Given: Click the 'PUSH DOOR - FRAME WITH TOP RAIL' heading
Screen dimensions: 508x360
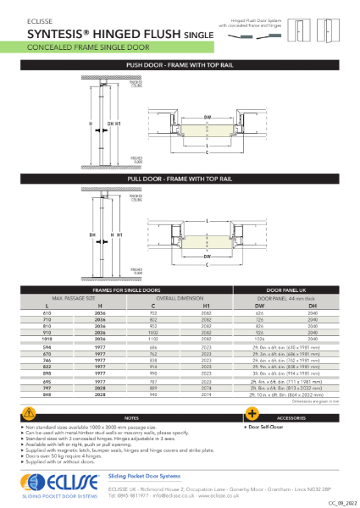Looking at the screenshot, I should point(179,64).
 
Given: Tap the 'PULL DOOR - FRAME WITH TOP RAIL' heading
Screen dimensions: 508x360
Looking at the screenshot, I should point(179,179).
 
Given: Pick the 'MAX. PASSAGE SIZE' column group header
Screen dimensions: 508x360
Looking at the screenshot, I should point(75,297).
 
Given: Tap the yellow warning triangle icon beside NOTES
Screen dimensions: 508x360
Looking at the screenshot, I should point(30,413).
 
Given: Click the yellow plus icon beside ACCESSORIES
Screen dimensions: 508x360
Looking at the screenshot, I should point(252,413).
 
